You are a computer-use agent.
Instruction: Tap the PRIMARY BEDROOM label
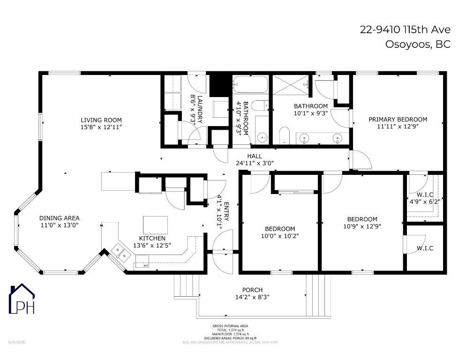(x=398, y=119)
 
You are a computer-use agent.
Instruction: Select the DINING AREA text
(x=59, y=218)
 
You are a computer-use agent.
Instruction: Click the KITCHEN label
(x=152, y=238)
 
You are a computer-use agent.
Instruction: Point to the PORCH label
(x=252, y=290)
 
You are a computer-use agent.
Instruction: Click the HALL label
(x=255, y=156)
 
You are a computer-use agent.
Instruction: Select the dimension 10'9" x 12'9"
(x=362, y=226)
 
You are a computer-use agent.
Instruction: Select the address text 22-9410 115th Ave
(x=405, y=30)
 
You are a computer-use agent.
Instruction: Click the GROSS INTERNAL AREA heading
(x=230, y=326)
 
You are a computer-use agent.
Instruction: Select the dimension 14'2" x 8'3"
(x=252, y=297)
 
